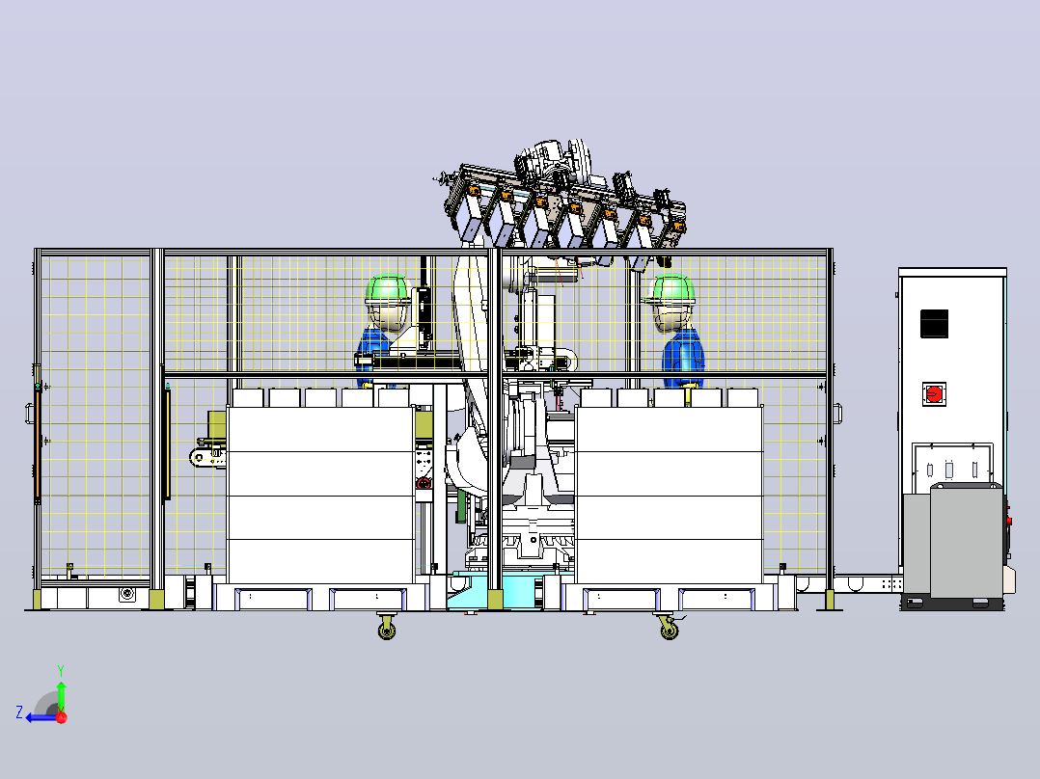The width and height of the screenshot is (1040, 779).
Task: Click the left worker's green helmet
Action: click(x=389, y=290)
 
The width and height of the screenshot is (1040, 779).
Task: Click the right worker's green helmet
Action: click(x=671, y=290)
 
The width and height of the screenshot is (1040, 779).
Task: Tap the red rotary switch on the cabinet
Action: click(x=933, y=393)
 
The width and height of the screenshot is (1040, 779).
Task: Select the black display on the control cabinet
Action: click(x=934, y=324)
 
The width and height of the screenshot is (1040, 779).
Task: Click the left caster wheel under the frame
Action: click(x=387, y=628)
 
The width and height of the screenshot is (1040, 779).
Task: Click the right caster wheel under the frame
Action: click(x=669, y=628)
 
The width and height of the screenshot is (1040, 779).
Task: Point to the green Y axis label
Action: click(x=61, y=670)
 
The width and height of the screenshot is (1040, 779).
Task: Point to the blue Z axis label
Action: click(x=19, y=712)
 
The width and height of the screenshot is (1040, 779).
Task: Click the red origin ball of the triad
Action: click(x=62, y=717)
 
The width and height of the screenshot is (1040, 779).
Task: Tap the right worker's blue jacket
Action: click(x=683, y=358)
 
